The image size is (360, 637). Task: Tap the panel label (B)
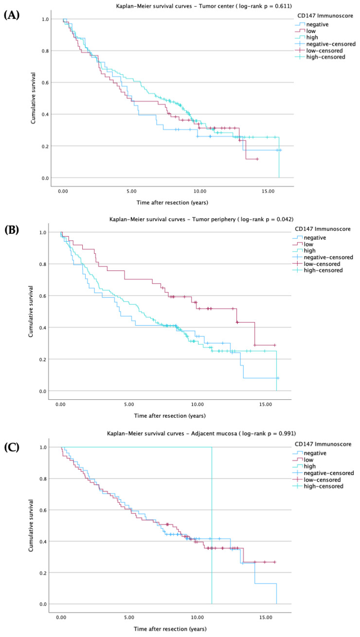coord(12,230)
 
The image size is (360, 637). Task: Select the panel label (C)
coord(12,447)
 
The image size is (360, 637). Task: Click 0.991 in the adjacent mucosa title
coord(286,433)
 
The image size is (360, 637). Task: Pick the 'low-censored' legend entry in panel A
coord(319,51)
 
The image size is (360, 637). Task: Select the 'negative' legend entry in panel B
coord(309,237)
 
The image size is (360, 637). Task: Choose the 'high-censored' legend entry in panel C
coord(318,486)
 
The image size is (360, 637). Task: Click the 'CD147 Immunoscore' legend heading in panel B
coord(323,229)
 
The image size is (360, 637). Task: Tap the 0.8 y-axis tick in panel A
coord(45,51)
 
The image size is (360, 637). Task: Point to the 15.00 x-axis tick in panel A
coord(268,192)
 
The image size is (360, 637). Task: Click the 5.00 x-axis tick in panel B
coord(129,405)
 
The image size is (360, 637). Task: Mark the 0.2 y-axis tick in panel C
coord(43,573)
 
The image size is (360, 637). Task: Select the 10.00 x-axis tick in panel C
coord(197,618)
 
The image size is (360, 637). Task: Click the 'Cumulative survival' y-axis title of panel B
coord(31,311)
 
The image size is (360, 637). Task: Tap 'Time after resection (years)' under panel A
coord(172,202)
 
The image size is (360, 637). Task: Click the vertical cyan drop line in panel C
coord(212,526)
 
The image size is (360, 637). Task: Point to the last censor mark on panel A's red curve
coord(257,159)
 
